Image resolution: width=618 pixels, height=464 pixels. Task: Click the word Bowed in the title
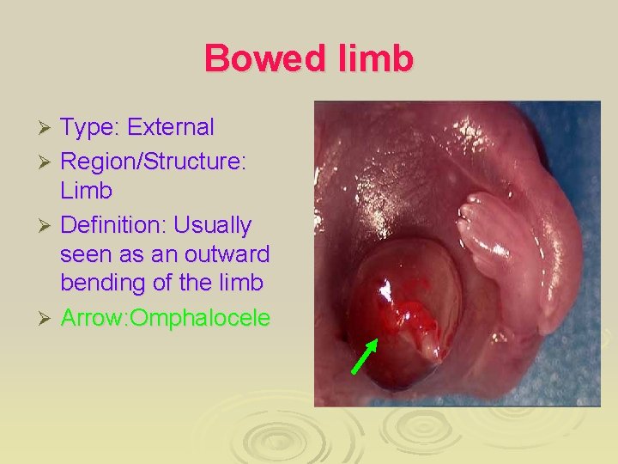[256, 58]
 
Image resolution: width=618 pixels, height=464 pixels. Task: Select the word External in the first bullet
[170, 127]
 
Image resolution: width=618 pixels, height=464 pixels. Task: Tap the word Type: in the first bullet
[90, 127]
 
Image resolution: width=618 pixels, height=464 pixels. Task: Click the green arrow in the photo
[365, 356]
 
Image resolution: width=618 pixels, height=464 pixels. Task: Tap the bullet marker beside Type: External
[48, 128]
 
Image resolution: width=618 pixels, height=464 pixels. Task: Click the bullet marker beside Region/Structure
[48, 161]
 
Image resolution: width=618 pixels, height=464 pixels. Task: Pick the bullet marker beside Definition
[48, 226]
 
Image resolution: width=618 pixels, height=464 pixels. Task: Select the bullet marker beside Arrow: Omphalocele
[48, 318]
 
